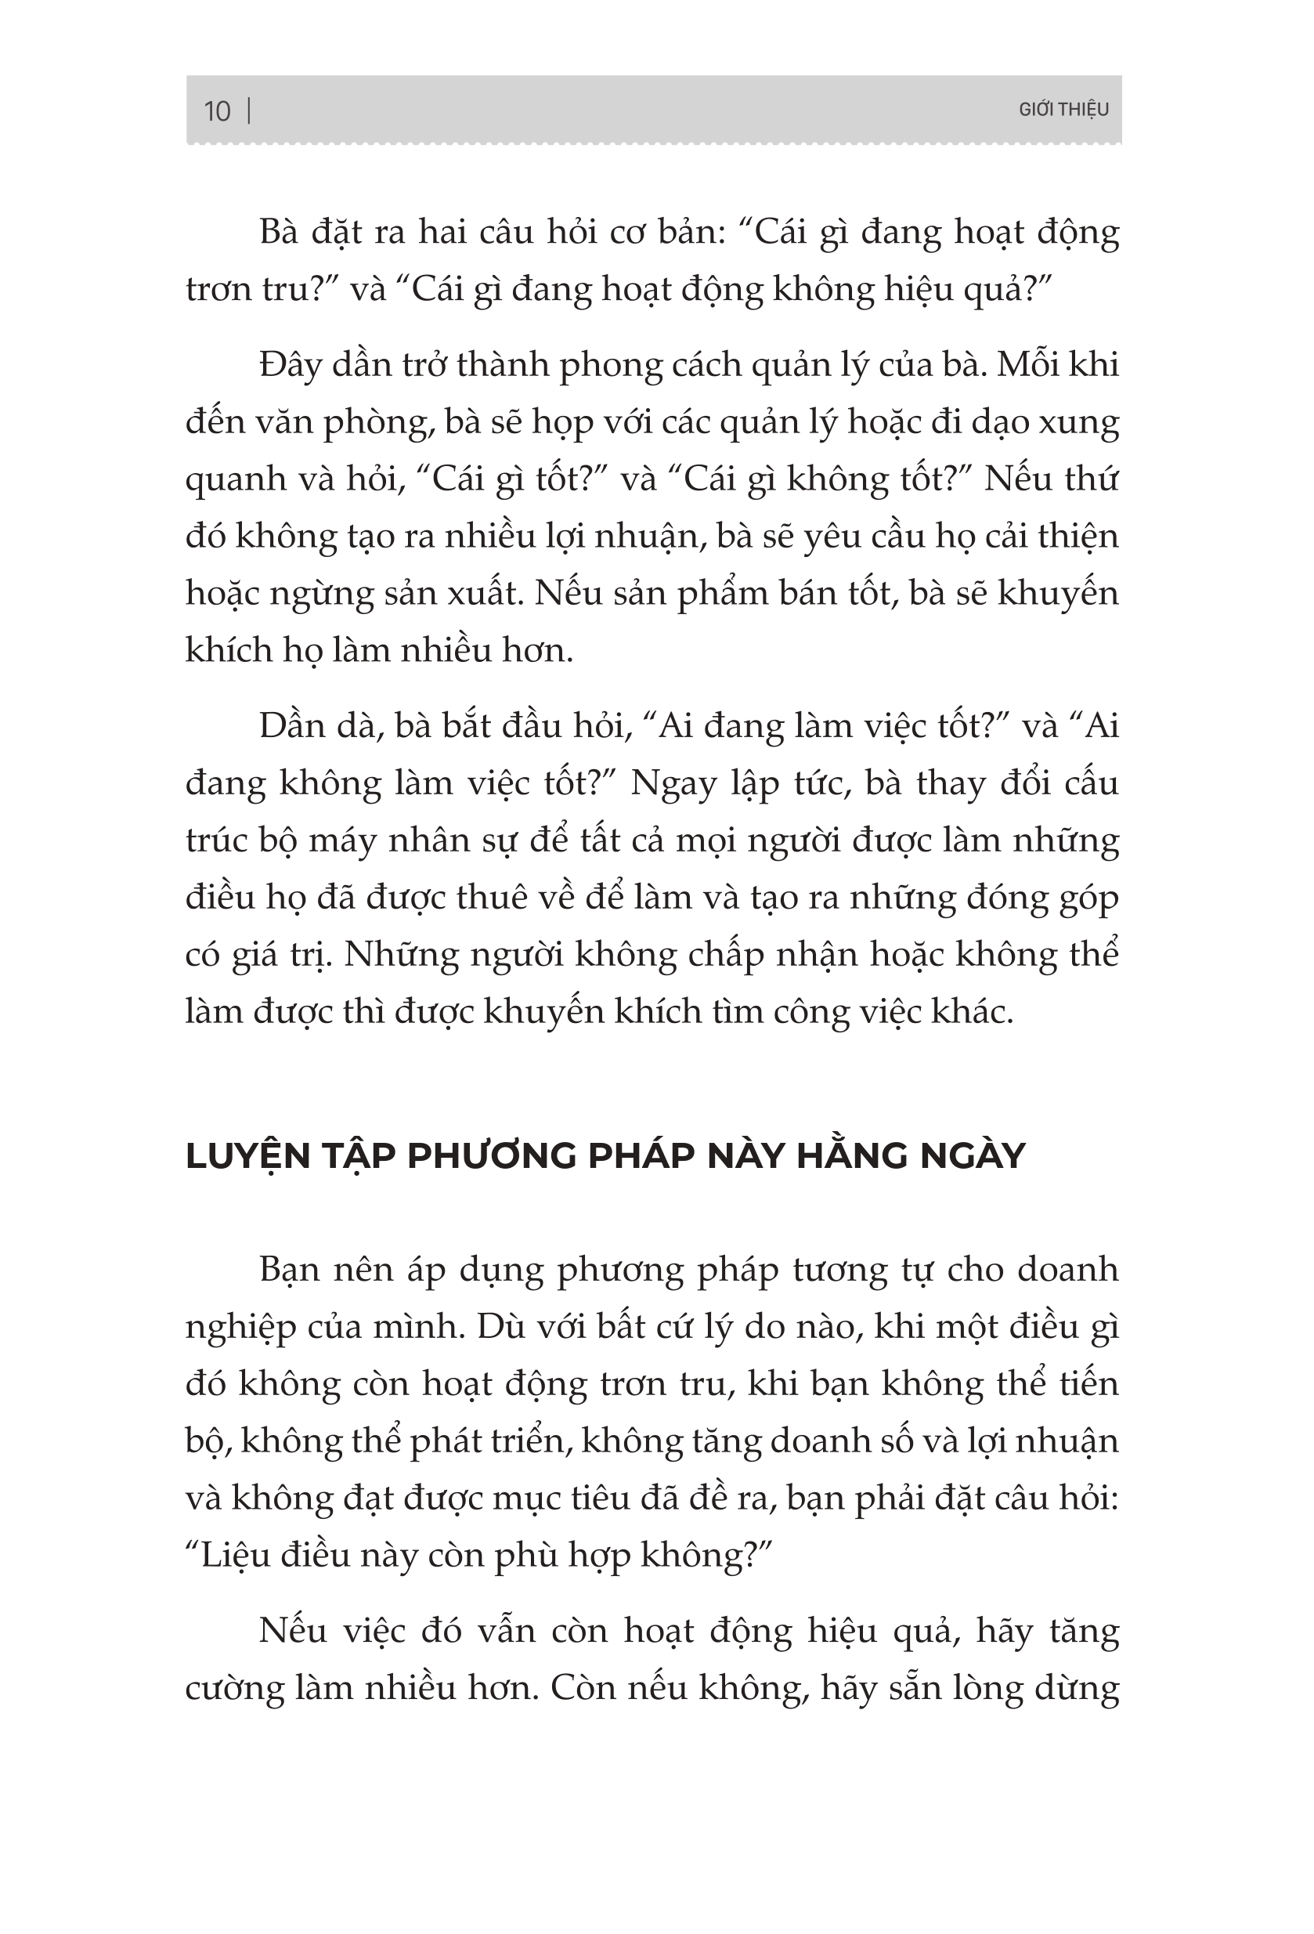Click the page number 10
click(216, 110)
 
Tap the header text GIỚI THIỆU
click(1063, 110)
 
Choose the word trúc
click(216, 841)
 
